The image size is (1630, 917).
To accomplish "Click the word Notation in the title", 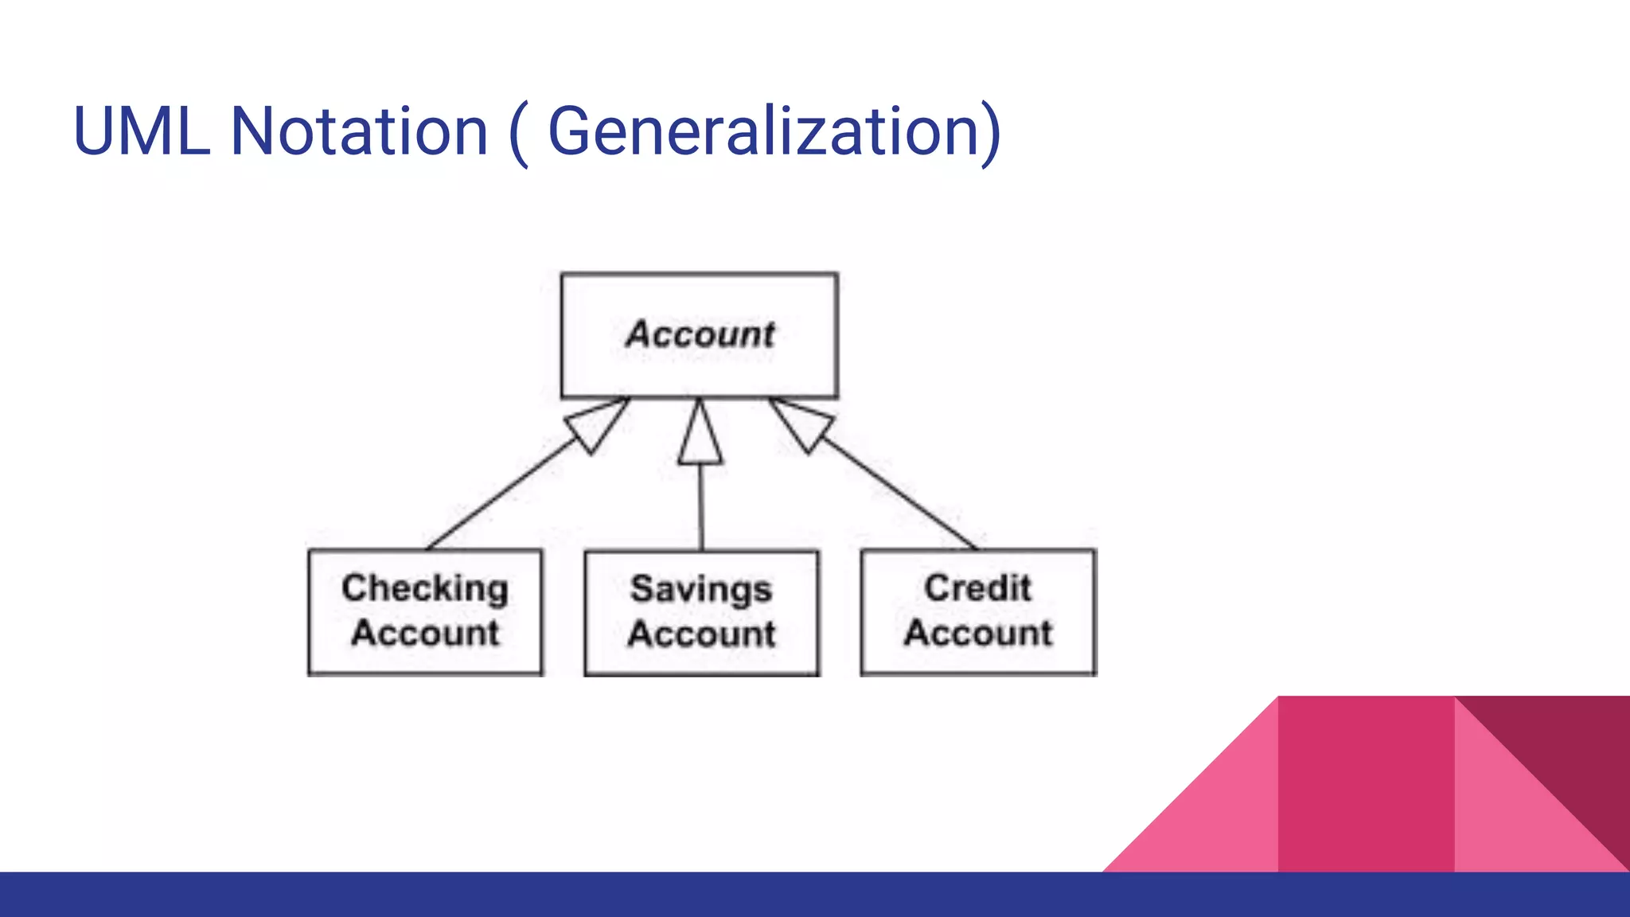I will pyautogui.click(x=358, y=131).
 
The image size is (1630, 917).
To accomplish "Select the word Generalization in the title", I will pyautogui.click(x=764, y=131).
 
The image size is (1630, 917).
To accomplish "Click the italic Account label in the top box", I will pyautogui.click(x=700, y=334).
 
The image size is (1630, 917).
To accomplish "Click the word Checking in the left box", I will pyautogui.click(x=425, y=589).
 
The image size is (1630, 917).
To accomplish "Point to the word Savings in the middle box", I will pyautogui.click(x=701, y=590).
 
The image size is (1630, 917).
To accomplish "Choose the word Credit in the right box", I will pyautogui.click(x=977, y=589).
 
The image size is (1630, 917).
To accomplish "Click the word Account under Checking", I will pyautogui.click(x=425, y=634).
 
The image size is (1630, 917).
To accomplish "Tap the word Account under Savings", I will pyautogui.click(x=701, y=634).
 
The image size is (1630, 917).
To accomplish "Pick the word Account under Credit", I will pyautogui.click(x=977, y=634).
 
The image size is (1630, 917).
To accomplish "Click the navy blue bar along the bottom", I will pyautogui.click(x=557, y=895).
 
